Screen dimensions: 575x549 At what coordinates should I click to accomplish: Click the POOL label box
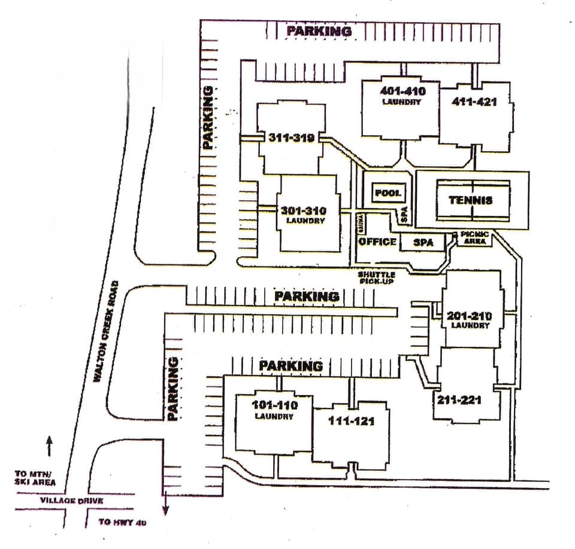389,193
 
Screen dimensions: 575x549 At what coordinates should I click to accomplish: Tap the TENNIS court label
471,200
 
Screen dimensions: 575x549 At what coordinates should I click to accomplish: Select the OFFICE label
377,242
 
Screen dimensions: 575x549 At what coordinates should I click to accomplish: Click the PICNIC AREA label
476,236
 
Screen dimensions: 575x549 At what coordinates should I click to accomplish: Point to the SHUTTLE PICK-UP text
377,277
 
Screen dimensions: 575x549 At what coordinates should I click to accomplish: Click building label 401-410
402,91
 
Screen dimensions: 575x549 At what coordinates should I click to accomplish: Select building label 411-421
474,102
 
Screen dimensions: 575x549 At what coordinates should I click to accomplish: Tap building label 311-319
292,138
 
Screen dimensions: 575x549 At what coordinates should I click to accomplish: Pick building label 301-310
302,211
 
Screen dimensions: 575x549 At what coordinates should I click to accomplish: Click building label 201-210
470,316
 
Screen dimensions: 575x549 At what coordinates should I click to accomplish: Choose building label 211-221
459,399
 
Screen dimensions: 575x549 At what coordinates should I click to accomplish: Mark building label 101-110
274,405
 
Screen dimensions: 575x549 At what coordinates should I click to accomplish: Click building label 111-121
351,421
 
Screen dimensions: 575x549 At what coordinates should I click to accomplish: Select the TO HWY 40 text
122,522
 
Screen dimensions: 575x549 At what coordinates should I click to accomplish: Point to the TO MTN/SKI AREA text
36,478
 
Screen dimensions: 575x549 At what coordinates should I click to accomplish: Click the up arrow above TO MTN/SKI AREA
49,446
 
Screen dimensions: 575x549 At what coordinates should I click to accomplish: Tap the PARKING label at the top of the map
318,31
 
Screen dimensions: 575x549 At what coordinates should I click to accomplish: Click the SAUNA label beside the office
362,222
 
